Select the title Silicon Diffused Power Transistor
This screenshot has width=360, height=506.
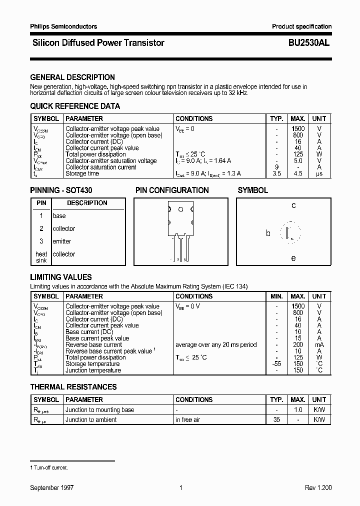[98, 43]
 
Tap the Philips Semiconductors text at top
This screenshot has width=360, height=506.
[63, 26]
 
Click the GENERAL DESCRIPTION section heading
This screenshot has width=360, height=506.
[72, 77]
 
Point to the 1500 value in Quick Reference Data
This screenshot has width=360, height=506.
[298, 129]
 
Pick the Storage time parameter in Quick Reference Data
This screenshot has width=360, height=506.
[82, 174]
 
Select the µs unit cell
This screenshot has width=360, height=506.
[319, 174]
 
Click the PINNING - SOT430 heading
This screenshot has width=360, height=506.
[61, 190]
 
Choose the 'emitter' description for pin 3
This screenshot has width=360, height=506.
[62, 241]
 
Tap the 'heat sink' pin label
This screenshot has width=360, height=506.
[41, 257]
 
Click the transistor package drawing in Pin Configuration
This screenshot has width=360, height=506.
[180, 225]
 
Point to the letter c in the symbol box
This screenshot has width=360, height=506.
[293, 205]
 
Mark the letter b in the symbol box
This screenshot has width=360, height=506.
[268, 233]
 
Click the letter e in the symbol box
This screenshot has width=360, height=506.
[293, 258]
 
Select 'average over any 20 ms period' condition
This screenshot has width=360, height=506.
[216, 345]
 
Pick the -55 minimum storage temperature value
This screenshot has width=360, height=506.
[276, 364]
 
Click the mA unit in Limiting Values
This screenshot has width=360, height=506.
[319, 345]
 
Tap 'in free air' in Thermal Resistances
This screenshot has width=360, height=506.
[188, 420]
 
